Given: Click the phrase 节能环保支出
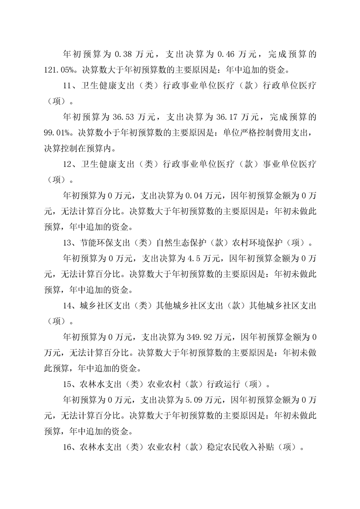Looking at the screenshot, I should click(x=107, y=243).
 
